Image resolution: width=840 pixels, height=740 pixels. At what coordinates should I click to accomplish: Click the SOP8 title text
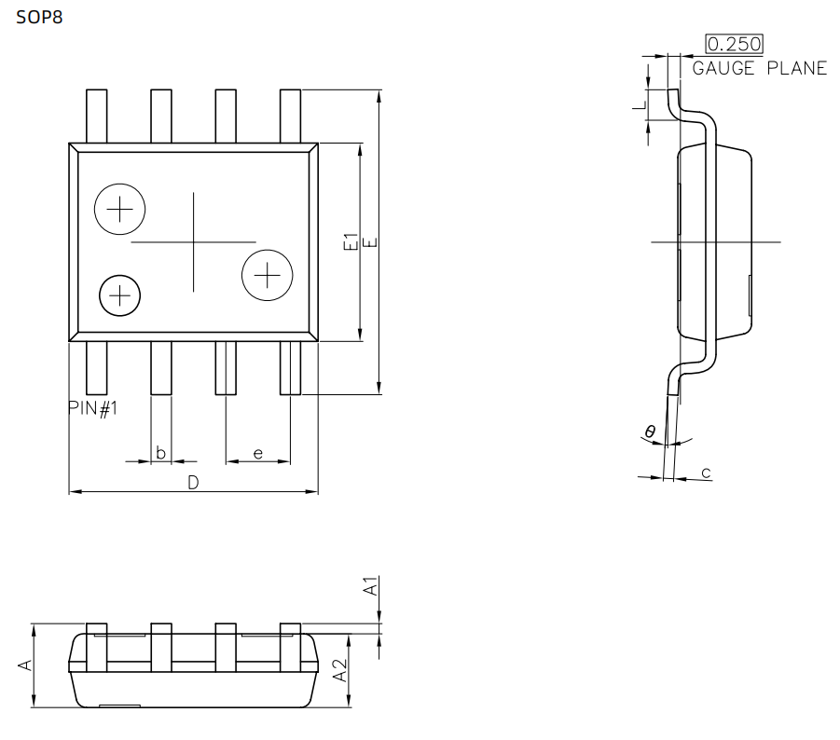pos(40,17)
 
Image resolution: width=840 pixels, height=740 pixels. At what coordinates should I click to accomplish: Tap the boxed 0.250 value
pos(734,44)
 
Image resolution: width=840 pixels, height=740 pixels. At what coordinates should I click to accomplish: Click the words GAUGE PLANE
pos(760,69)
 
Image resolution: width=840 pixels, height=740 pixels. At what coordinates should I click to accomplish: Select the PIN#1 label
pos(92,408)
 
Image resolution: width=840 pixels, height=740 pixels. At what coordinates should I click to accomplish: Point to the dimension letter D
pos(193,483)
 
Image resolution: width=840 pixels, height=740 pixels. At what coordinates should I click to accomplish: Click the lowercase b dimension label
pos(160,453)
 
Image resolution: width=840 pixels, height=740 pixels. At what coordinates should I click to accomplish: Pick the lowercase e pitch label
pos(257,454)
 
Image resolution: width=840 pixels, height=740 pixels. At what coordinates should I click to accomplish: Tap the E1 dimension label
pos(350,241)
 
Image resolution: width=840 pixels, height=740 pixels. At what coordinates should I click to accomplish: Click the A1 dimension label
pos(371,586)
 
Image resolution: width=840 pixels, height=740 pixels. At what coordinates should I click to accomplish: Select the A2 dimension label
pos(340,670)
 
